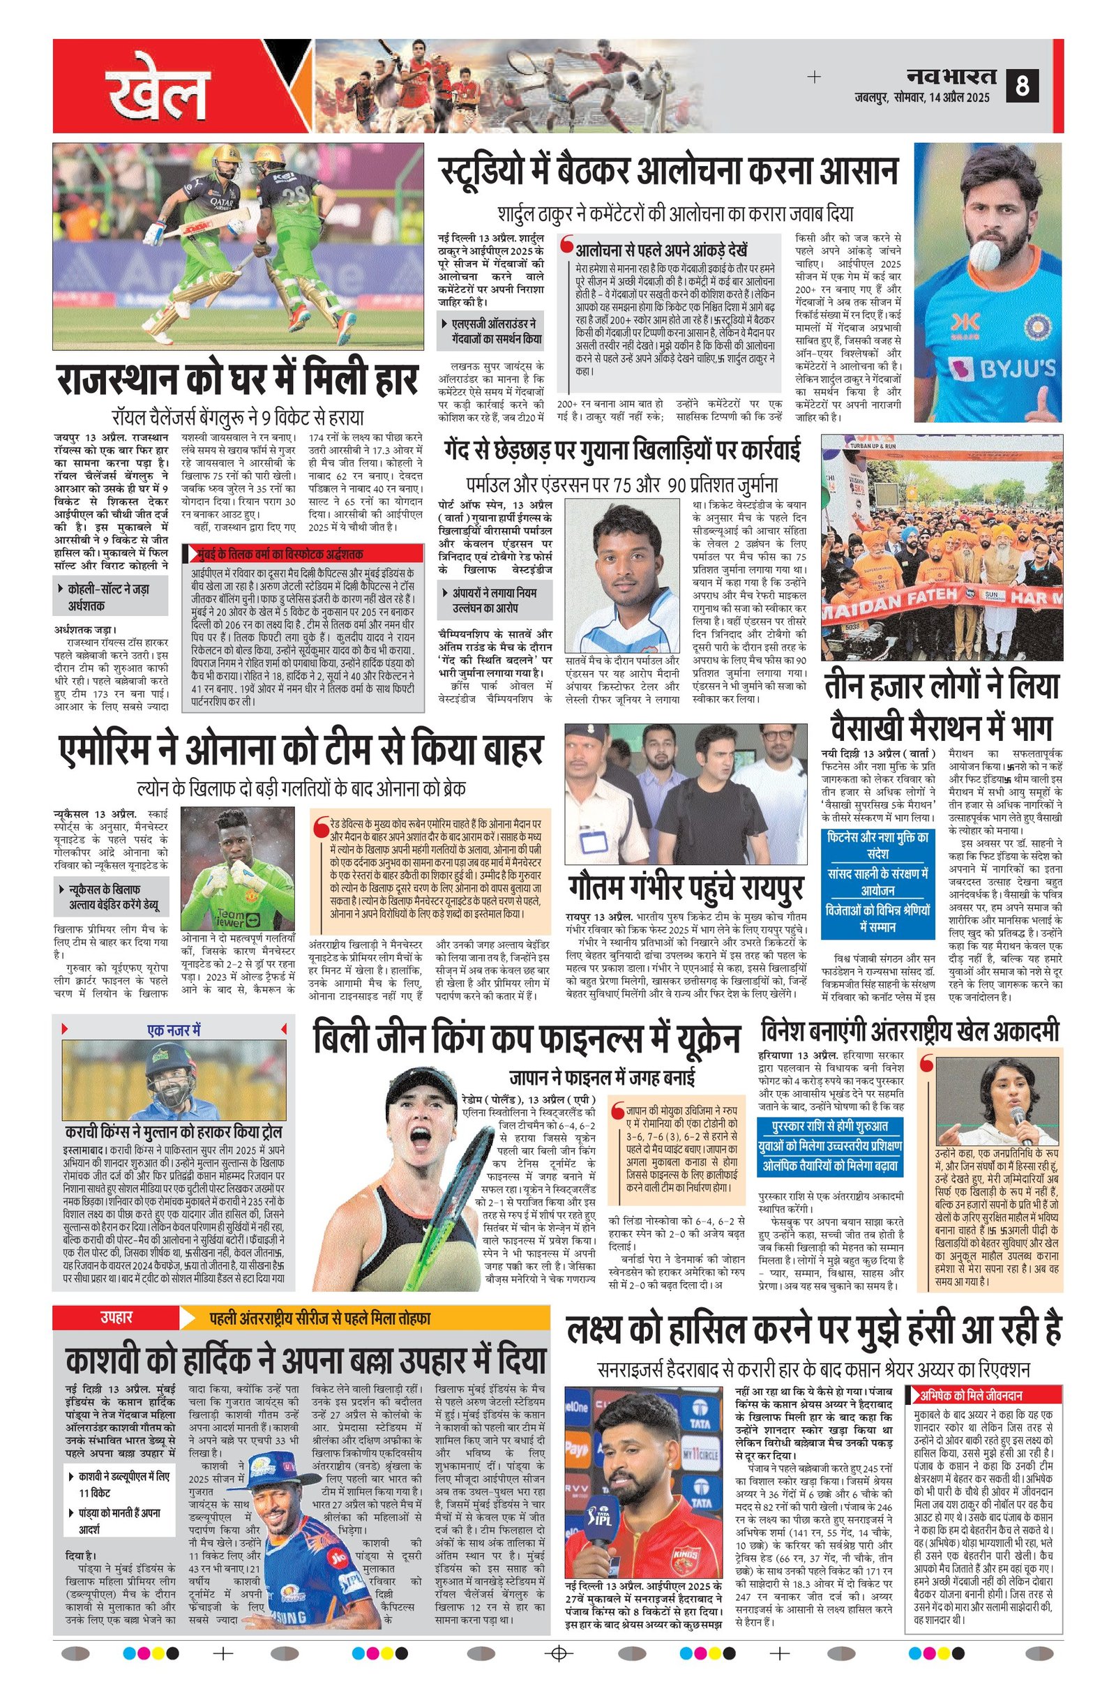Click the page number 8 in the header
pyautogui.click(x=1021, y=86)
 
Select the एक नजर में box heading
pyautogui.click(x=174, y=1030)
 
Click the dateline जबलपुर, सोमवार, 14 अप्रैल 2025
pyautogui.click(x=921, y=98)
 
